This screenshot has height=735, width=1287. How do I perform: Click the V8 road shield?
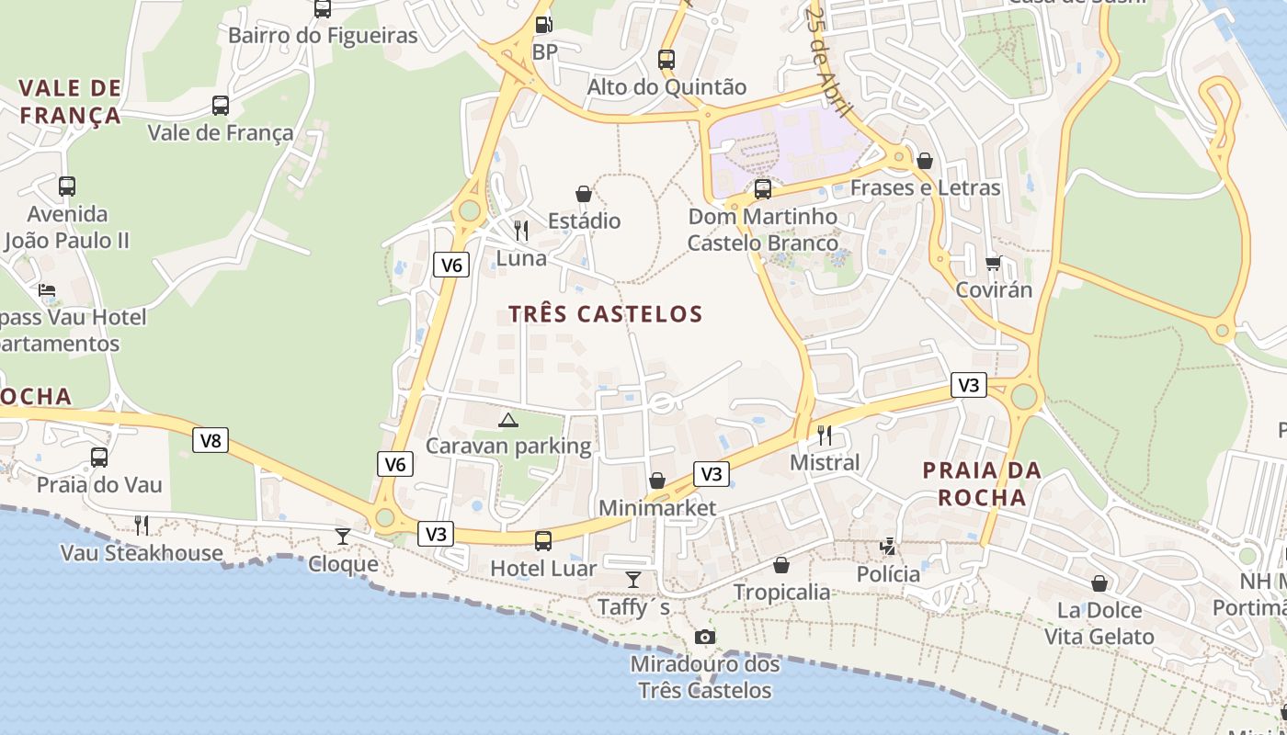211,441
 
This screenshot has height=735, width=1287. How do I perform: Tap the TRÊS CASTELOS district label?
606,314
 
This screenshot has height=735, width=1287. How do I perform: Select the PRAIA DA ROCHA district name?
982,484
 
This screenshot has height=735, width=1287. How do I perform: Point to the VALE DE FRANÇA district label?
70,102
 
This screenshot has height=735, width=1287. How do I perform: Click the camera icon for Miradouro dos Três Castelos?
704,637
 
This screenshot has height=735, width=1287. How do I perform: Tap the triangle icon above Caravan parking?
507,421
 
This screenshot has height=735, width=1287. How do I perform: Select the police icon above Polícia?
888,547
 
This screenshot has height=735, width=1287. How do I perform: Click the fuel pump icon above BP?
544,25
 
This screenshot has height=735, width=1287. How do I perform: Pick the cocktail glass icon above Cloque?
343,536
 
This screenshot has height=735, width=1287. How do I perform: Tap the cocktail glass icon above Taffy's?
633,579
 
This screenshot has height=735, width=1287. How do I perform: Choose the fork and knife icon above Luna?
521,230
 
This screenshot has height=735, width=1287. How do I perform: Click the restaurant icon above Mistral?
825,435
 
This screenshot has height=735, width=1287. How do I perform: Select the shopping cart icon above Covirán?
993,264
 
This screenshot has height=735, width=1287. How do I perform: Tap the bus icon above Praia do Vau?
99,457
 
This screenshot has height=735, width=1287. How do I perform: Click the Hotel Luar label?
543,569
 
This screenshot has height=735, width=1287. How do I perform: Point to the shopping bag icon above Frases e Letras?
925,161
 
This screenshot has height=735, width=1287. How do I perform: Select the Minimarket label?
656,508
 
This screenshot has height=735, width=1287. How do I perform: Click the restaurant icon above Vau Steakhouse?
142,525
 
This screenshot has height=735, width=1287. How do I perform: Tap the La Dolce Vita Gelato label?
1099,623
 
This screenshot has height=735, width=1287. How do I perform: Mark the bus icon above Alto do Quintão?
666,60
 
